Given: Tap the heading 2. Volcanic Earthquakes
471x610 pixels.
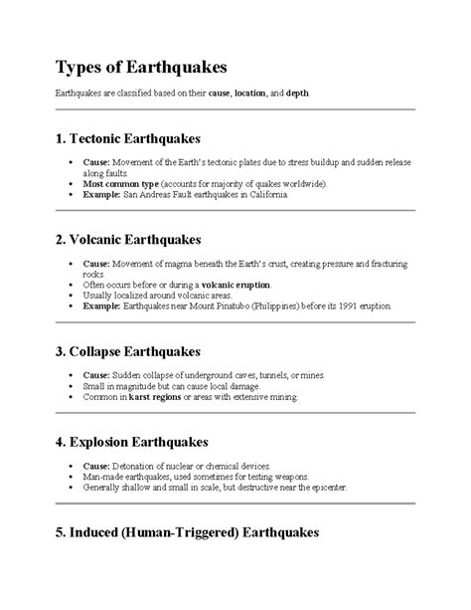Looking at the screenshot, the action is (x=127, y=240).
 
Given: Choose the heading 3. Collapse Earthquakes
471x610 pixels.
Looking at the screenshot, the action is (x=128, y=352).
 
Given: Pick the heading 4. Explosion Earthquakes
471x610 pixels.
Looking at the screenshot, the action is (x=132, y=441).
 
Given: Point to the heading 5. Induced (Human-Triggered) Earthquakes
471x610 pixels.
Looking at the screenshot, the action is (x=186, y=533).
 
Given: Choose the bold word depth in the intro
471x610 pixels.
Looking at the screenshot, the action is (x=297, y=93).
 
